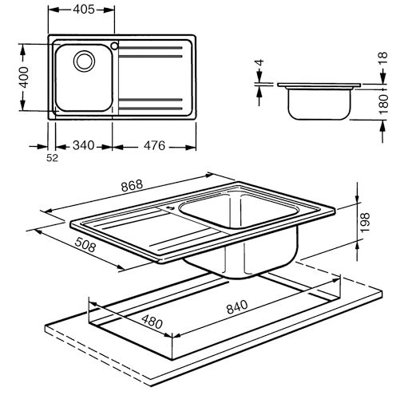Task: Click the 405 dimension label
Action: [84, 10]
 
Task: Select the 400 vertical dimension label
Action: [24, 77]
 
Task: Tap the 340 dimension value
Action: [84, 145]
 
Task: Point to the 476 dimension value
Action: [154, 145]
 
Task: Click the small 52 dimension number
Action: [52, 158]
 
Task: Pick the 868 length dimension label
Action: [132, 186]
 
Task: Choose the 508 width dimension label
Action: [85, 245]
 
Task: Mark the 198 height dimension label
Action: [365, 222]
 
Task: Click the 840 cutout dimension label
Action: [237, 306]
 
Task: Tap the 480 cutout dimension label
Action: [152, 322]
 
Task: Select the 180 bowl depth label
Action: [383, 104]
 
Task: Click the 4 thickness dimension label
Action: [259, 63]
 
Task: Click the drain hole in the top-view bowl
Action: [84, 61]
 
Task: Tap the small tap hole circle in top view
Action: [115, 46]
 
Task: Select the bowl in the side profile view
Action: [319, 105]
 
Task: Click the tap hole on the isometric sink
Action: [169, 208]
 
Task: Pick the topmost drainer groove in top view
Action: [150, 48]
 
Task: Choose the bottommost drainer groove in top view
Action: [150, 109]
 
